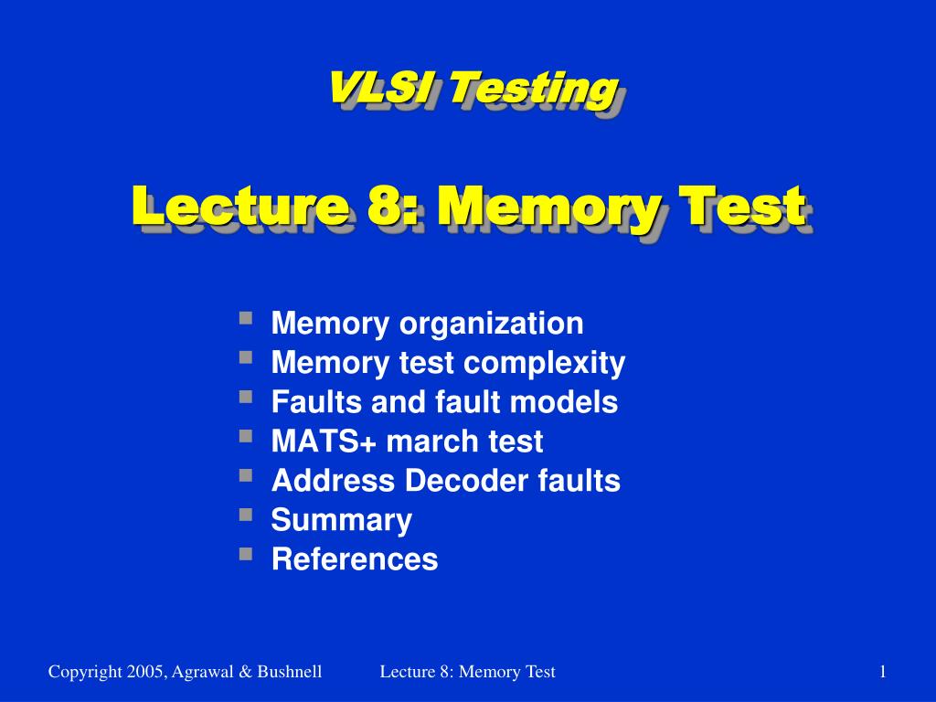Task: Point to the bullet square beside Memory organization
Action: pos(246,318)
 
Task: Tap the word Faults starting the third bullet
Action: pos(310,402)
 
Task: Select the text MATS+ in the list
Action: pos(324,441)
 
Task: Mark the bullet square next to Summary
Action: pos(246,515)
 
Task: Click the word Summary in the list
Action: pos(342,521)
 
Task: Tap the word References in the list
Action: pos(355,559)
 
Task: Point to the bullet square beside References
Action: pos(246,554)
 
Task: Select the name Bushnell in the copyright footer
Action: pos(290,673)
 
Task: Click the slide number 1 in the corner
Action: pos(883,673)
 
